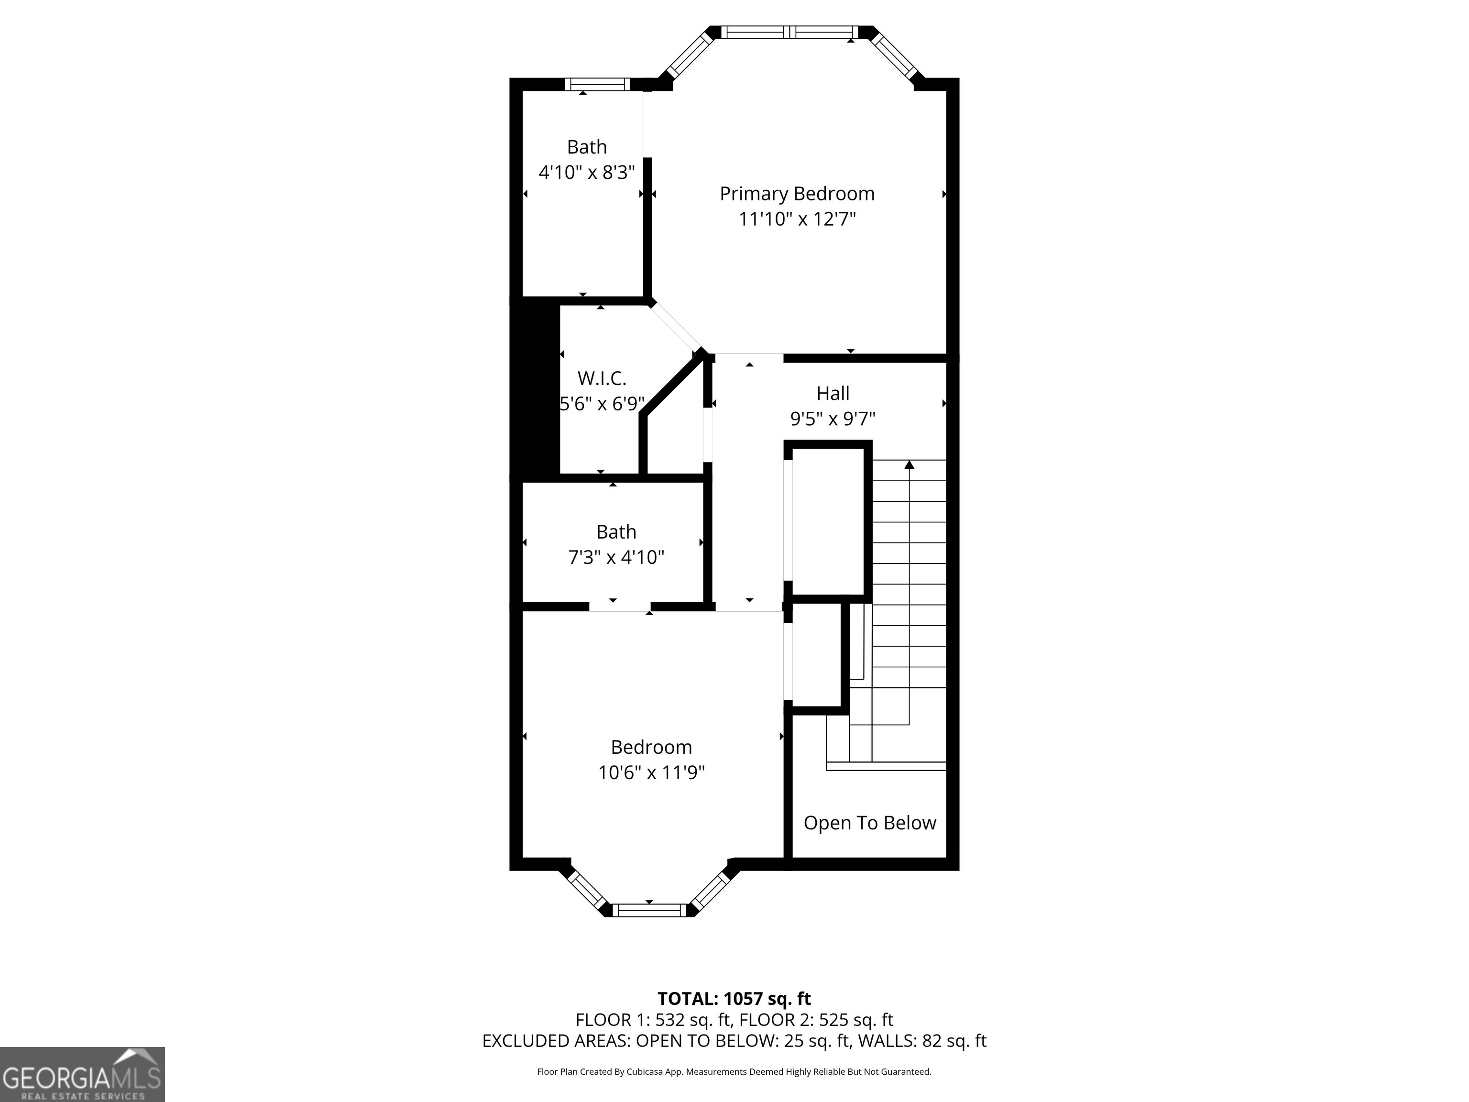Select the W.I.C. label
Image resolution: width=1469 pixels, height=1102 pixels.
pos(602,379)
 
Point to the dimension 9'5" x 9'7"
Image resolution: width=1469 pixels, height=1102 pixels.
pos(833,419)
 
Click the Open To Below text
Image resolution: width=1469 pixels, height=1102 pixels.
pos(869,823)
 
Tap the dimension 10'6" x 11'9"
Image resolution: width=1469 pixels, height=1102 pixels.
pos(651,772)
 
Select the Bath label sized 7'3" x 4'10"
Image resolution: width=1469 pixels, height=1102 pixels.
pos(616,532)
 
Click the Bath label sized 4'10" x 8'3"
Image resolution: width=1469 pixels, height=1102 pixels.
pos(586,147)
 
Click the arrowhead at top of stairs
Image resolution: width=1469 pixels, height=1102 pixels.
pos(909,465)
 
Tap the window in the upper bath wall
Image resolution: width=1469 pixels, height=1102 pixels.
pos(596,84)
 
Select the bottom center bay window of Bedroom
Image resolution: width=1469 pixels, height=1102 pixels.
pos(649,910)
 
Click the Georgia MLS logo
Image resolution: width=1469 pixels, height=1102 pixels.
pos(82,1075)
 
